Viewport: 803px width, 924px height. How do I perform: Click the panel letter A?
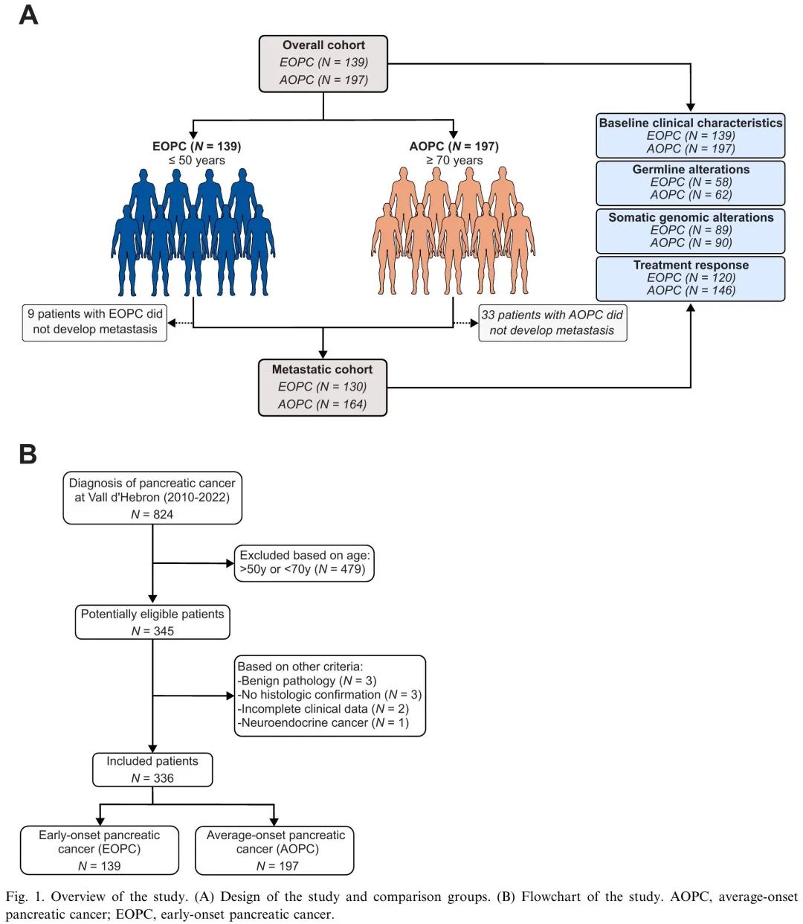point(28,16)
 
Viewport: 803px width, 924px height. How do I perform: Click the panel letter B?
point(28,455)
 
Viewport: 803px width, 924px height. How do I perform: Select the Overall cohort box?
point(323,64)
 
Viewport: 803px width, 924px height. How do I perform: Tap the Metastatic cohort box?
point(322,388)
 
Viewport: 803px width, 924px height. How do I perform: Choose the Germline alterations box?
point(690,183)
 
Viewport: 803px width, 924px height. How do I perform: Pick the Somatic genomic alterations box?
point(690,231)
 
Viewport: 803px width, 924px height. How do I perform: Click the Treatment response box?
point(690,279)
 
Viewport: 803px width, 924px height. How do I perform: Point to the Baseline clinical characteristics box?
point(690,135)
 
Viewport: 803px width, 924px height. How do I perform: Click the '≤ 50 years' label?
point(197,160)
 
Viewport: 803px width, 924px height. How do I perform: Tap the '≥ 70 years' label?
point(454,160)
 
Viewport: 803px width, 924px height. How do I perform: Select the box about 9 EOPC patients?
point(94,322)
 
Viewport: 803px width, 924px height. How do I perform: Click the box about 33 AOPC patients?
point(552,323)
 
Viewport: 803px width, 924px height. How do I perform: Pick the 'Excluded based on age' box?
point(304,563)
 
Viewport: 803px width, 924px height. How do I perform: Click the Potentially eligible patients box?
point(152,622)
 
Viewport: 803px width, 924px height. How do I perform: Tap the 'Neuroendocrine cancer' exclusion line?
point(323,722)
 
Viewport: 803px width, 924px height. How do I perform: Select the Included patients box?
point(152,769)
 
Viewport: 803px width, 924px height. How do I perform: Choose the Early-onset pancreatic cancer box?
point(100,850)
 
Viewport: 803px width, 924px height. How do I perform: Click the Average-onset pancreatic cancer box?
point(274,850)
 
